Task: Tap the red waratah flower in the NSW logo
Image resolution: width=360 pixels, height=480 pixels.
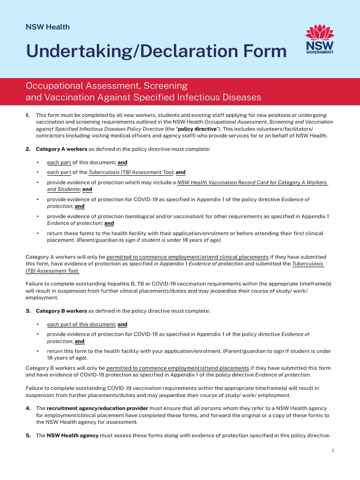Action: click(319, 33)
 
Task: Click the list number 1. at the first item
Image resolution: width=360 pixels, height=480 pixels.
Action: click(28, 115)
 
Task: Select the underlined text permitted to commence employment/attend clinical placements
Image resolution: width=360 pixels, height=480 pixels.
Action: click(187, 257)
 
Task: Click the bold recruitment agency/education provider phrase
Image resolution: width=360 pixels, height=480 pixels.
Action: click(97, 409)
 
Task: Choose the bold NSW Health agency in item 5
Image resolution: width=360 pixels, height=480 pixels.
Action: click(72, 435)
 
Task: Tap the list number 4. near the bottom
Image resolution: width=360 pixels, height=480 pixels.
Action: click(28, 409)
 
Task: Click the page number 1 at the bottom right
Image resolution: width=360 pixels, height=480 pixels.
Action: click(332, 450)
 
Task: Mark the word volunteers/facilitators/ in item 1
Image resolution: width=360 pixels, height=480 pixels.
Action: click(286, 128)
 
